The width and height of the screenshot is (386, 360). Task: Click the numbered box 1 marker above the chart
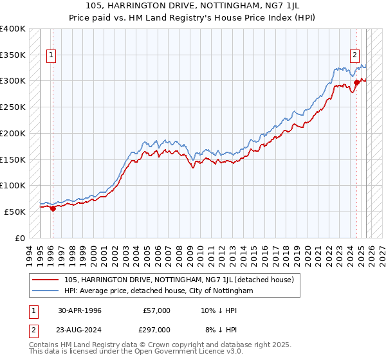[51, 55]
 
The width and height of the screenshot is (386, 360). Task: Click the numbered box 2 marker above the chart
[354, 55]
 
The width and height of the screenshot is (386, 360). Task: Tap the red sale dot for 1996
[53, 208]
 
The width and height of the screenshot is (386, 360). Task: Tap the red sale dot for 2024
[356, 82]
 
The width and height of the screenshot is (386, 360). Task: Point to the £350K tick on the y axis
[14, 55]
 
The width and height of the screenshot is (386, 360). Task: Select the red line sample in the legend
[44, 280]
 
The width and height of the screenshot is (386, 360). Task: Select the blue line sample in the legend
[44, 291]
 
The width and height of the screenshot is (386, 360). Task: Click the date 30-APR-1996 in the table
[79, 310]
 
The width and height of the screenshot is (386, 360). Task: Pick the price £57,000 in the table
[156, 310]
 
